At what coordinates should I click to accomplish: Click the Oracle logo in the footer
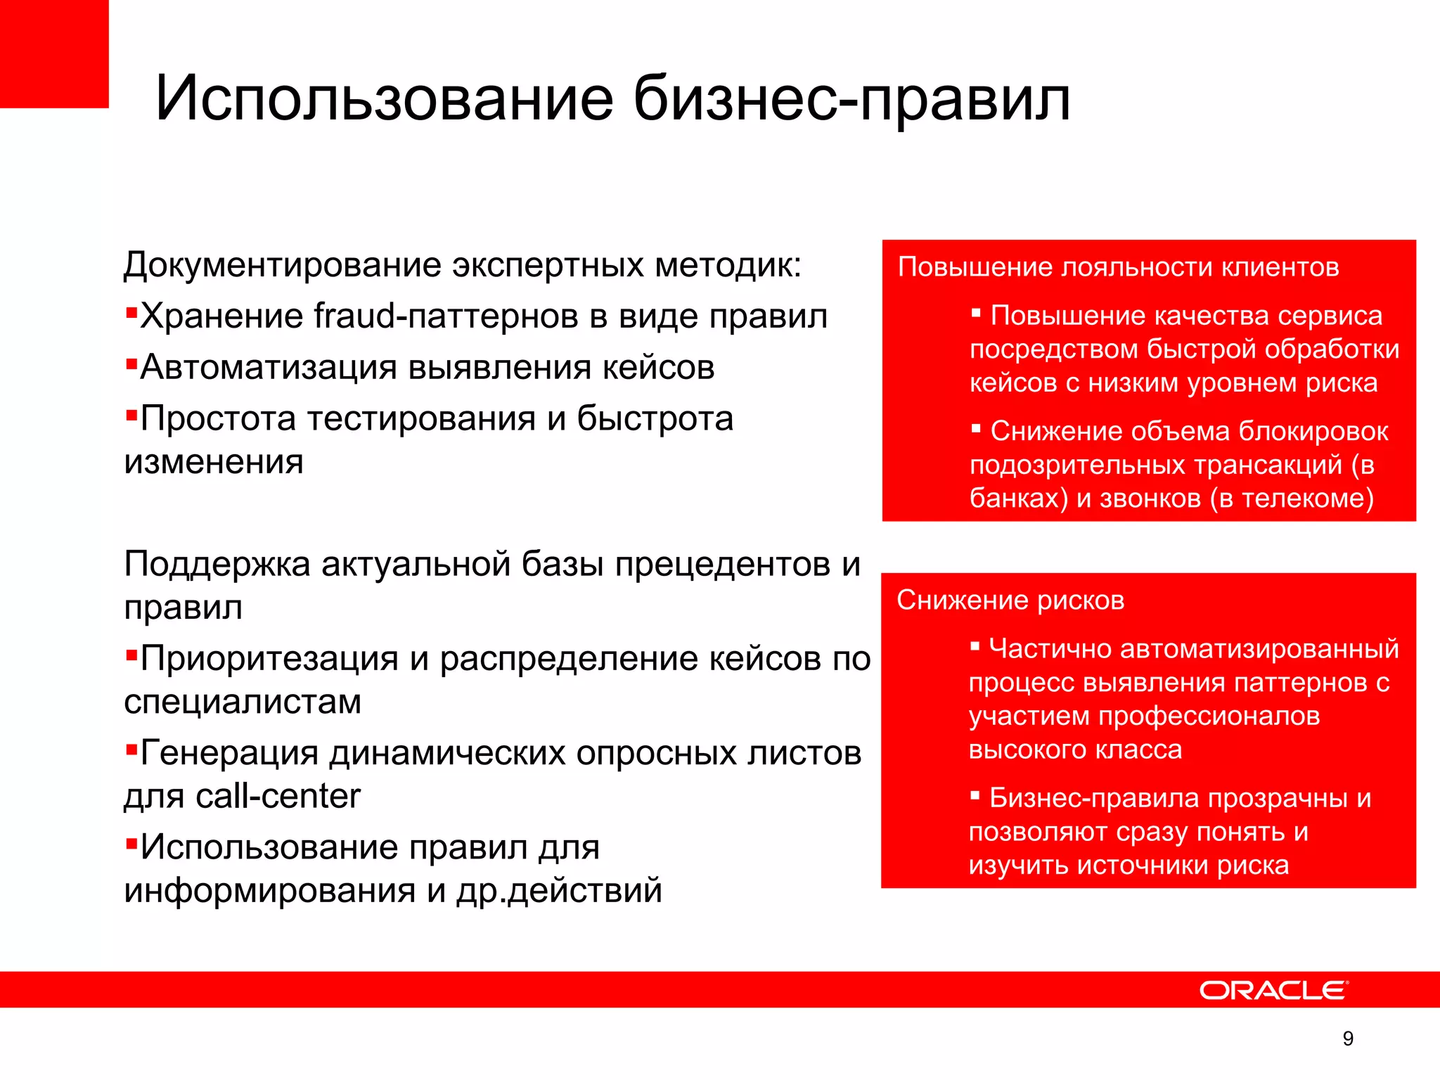(1273, 990)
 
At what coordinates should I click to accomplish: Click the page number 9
(1347, 1039)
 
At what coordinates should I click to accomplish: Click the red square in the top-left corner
(53, 53)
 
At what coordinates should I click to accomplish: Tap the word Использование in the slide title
(384, 98)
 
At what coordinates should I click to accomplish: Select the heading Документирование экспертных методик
(462, 266)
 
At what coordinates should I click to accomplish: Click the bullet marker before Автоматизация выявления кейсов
(131, 364)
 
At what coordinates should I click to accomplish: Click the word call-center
(278, 797)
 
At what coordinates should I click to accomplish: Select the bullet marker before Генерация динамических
(131, 750)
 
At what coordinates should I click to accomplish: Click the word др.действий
(559, 891)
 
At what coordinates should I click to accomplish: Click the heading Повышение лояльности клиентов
(1118, 267)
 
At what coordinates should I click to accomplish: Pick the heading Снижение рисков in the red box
(1010, 600)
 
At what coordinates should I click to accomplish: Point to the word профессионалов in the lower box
(1209, 716)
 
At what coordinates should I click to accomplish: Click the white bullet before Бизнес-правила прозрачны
(975, 796)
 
